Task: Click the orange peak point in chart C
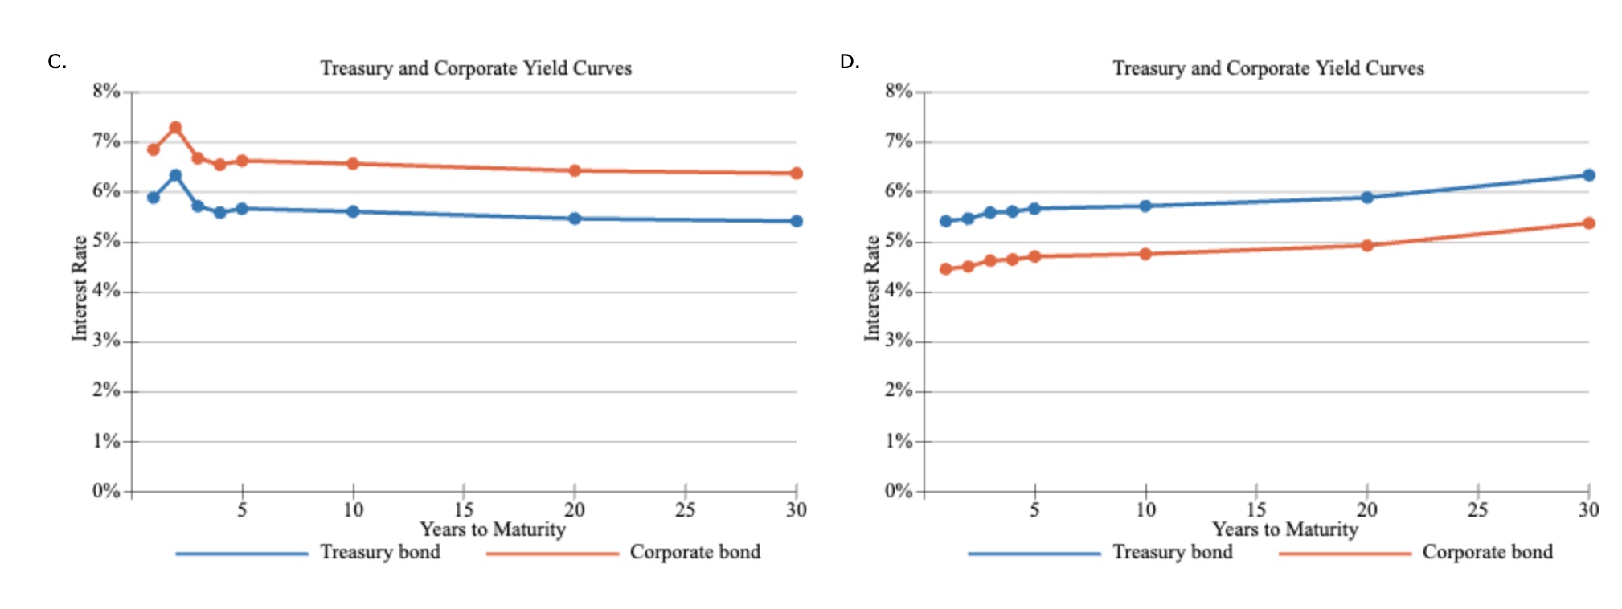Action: click(x=175, y=128)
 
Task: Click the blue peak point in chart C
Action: click(x=175, y=175)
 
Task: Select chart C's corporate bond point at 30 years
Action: click(x=796, y=173)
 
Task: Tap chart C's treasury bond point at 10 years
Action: click(x=353, y=211)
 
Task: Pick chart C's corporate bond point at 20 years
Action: click(x=574, y=170)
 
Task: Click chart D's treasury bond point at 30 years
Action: click(x=1588, y=175)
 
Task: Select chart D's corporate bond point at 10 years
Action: click(x=1145, y=254)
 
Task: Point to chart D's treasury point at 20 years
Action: click(x=1366, y=197)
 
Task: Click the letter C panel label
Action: click(x=56, y=62)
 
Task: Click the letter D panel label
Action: click(x=849, y=62)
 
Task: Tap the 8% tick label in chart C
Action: click(x=105, y=91)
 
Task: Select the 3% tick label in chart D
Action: click(x=898, y=341)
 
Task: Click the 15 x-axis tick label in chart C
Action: click(x=464, y=509)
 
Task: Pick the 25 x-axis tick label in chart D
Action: click(x=1477, y=509)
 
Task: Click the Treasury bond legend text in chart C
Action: click(x=380, y=552)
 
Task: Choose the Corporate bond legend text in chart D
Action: click(x=1487, y=552)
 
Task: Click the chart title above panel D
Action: click(x=1268, y=68)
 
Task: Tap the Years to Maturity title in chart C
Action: click(x=493, y=529)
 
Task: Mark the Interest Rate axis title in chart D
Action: click(x=872, y=288)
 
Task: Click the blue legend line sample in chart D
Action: click(x=1034, y=554)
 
